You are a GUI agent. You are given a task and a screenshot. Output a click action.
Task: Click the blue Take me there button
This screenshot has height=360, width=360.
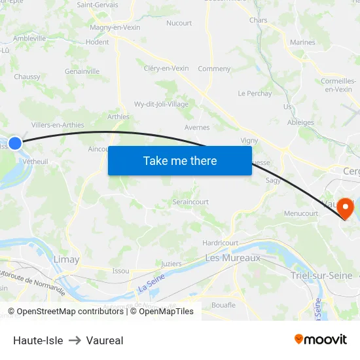coord(180,160)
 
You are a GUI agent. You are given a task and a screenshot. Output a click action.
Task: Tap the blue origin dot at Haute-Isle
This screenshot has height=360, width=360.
coord(14,143)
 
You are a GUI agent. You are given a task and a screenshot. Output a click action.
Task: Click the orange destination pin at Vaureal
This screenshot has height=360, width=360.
coord(344,208)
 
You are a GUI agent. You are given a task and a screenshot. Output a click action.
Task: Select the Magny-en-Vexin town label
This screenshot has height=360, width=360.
coord(115,27)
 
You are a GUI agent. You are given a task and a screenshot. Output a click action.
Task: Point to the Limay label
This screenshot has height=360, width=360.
coord(66,259)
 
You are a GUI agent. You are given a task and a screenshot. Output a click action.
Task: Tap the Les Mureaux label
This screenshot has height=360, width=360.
coord(232,258)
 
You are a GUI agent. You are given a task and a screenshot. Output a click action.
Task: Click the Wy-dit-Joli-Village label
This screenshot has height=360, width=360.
coord(161,104)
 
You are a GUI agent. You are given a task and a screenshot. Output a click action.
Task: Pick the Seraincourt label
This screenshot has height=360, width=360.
coord(191,202)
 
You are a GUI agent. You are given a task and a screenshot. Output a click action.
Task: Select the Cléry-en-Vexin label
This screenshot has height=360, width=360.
coord(166,68)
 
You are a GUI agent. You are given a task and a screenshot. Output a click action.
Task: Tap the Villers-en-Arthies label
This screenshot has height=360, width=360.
coord(58,125)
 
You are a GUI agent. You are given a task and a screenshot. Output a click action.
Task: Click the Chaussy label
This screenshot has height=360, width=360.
coord(27,77)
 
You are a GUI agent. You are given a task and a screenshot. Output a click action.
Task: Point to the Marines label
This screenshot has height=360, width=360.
coord(302,43)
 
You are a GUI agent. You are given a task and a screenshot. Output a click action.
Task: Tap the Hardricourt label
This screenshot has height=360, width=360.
coord(221,243)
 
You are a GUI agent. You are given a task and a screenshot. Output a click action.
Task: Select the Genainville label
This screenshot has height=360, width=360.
coord(82,71)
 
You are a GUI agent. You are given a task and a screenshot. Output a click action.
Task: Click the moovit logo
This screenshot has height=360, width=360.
coord(321,339)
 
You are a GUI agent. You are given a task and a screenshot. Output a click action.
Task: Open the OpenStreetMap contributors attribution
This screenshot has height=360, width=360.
coord(66,312)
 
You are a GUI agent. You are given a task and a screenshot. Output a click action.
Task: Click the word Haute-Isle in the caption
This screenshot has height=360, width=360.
coord(38,340)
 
